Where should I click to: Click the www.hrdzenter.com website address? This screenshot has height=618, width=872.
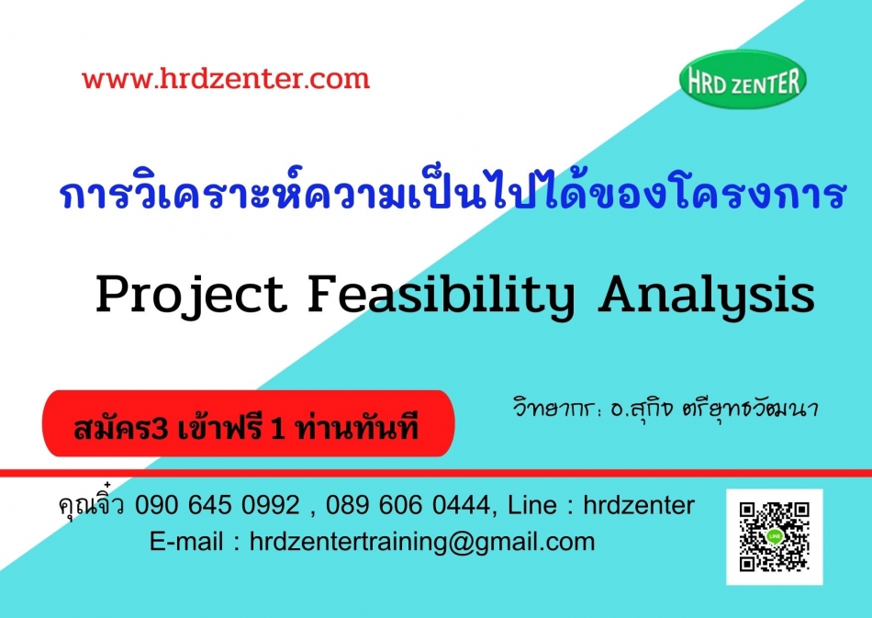click(226, 79)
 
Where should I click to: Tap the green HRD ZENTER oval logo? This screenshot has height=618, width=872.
click(743, 80)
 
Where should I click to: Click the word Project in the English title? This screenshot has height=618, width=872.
click(191, 296)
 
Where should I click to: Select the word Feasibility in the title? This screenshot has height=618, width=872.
click(442, 296)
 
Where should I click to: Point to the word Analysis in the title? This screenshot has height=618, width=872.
click(707, 296)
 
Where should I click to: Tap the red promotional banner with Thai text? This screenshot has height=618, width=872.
click(249, 424)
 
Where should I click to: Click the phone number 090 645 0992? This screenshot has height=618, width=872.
click(218, 505)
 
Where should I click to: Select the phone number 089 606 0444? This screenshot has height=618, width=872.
click(408, 505)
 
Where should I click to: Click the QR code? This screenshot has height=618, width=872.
click(774, 537)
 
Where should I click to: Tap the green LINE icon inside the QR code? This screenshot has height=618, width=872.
click(774, 536)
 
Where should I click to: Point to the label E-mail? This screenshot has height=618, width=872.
click(186, 542)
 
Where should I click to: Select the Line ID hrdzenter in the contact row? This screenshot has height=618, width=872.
click(639, 505)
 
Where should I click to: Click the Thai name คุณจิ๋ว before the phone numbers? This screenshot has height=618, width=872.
click(91, 503)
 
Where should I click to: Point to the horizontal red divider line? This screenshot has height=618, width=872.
click(436, 474)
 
